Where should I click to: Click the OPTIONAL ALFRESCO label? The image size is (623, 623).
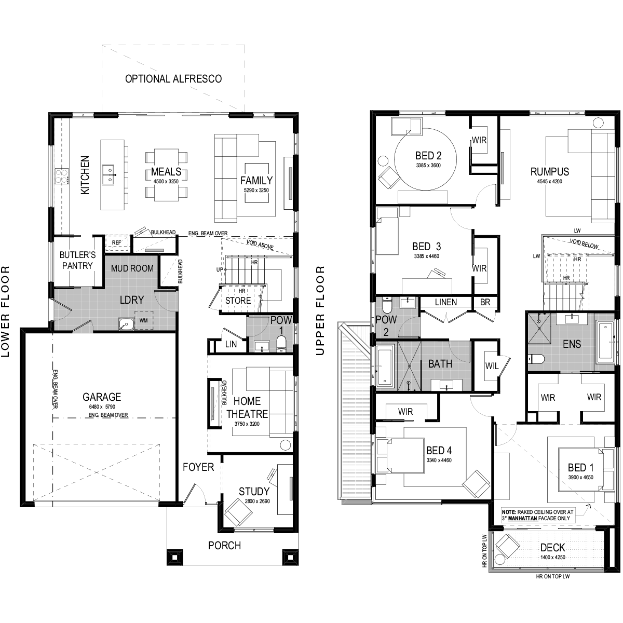click(x=173, y=79)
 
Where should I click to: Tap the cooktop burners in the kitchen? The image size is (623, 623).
click(x=61, y=177)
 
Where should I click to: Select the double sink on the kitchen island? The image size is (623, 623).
click(x=108, y=174)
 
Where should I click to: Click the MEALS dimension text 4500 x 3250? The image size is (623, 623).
click(x=166, y=181)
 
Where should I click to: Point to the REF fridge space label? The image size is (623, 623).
click(x=116, y=242)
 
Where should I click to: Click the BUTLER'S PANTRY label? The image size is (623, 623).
click(x=77, y=260)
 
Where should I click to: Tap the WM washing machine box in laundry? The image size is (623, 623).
click(x=143, y=321)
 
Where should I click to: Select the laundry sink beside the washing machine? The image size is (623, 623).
click(x=126, y=324)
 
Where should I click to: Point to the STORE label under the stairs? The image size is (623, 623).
click(x=238, y=301)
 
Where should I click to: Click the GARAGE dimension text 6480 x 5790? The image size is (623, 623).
click(x=102, y=407)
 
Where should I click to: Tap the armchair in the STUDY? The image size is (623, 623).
click(x=238, y=512)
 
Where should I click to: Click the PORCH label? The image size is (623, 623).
click(x=224, y=546)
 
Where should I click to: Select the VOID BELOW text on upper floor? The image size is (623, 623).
click(x=584, y=243)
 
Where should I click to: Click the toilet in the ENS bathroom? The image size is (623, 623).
click(x=537, y=359)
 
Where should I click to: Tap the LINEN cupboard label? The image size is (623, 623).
click(x=446, y=302)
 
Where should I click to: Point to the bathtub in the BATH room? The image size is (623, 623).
click(x=385, y=365)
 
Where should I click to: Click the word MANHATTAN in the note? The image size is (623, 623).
click(x=523, y=518)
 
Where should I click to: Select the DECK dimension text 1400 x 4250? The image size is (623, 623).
click(x=553, y=557)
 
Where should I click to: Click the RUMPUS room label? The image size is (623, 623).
click(x=550, y=172)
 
